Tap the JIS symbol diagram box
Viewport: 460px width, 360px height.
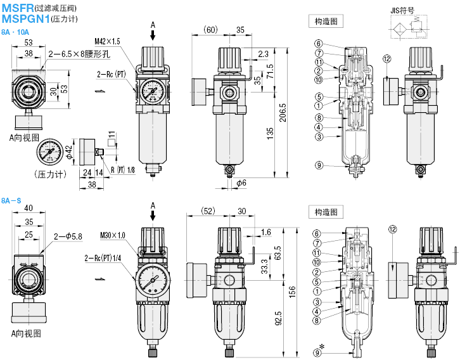(x=414, y=29)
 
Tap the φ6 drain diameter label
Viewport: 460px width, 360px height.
(x=241, y=183)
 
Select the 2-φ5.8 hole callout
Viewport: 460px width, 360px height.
(x=68, y=236)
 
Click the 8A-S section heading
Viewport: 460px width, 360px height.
(x=11, y=200)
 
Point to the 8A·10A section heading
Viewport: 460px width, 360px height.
(x=15, y=32)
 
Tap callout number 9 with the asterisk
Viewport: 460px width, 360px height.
(x=319, y=350)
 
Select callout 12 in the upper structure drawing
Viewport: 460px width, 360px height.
(x=386, y=59)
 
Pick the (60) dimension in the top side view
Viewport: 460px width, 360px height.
(x=211, y=30)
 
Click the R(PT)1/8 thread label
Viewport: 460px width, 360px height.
(x=122, y=170)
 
